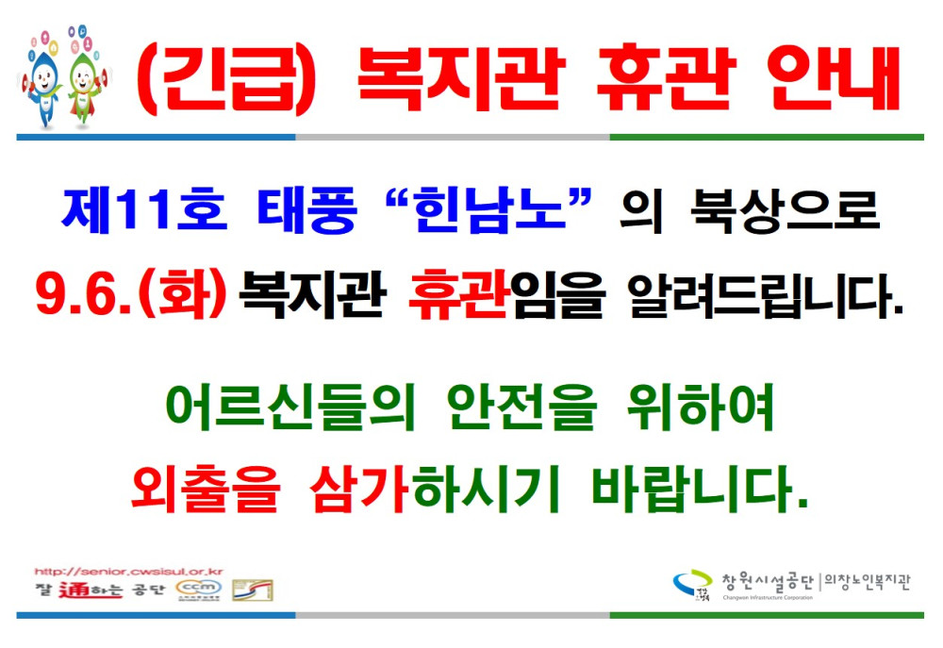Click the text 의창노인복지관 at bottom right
(x=869, y=582)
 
